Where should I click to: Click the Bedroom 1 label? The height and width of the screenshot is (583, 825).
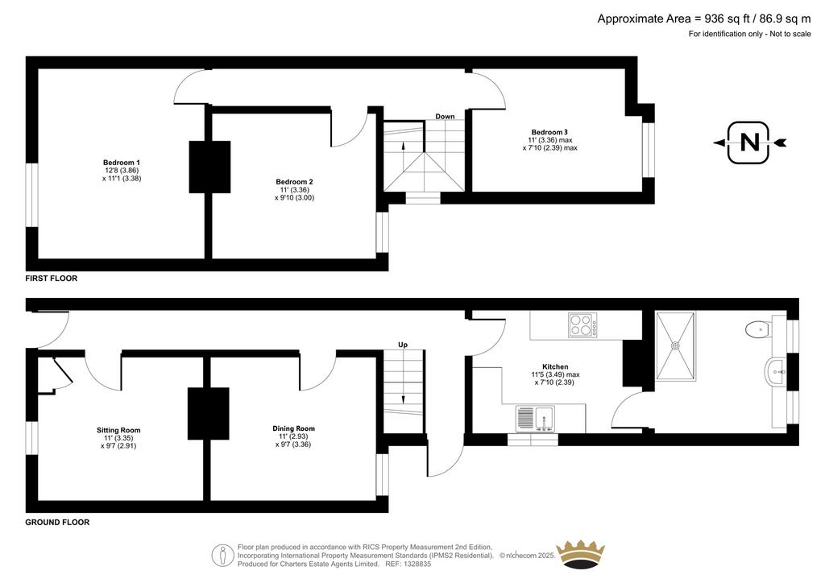click(x=122, y=163)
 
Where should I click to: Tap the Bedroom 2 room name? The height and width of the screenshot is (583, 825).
click(x=294, y=182)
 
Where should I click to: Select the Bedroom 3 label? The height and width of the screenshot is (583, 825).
click(x=549, y=133)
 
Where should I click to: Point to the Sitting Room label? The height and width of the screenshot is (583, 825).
click(x=118, y=430)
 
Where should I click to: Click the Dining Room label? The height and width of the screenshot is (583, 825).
click(x=293, y=428)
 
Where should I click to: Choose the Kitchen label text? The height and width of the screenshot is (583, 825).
click(x=555, y=367)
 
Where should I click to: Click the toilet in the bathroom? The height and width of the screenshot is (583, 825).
click(x=757, y=329)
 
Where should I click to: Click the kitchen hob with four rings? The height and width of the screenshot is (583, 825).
click(x=582, y=325)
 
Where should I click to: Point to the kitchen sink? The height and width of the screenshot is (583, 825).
click(x=535, y=419)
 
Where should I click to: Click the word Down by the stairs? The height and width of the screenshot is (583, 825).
click(x=445, y=117)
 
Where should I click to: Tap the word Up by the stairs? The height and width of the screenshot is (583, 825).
click(x=403, y=345)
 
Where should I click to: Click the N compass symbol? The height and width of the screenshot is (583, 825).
click(x=749, y=143)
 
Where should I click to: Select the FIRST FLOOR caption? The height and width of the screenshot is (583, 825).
click(x=51, y=279)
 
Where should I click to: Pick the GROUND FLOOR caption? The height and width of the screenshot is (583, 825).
click(x=57, y=523)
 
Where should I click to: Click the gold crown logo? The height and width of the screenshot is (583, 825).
click(x=581, y=553)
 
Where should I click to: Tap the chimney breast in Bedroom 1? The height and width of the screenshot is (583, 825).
click(x=210, y=167)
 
